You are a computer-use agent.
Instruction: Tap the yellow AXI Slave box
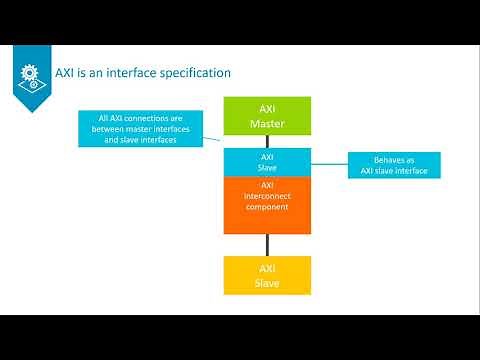point(267,275)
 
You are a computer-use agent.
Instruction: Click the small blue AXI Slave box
point(267,162)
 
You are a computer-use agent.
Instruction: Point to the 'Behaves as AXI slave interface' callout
point(393,165)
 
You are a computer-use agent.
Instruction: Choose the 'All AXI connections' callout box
point(140,129)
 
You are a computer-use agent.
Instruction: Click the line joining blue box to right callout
point(329,162)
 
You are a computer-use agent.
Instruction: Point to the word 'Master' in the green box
point(267,125)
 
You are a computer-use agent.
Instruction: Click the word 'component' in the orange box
point(267,206)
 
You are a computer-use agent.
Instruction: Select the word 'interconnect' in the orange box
point(267,195)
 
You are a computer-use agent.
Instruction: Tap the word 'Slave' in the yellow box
point(267,283)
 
